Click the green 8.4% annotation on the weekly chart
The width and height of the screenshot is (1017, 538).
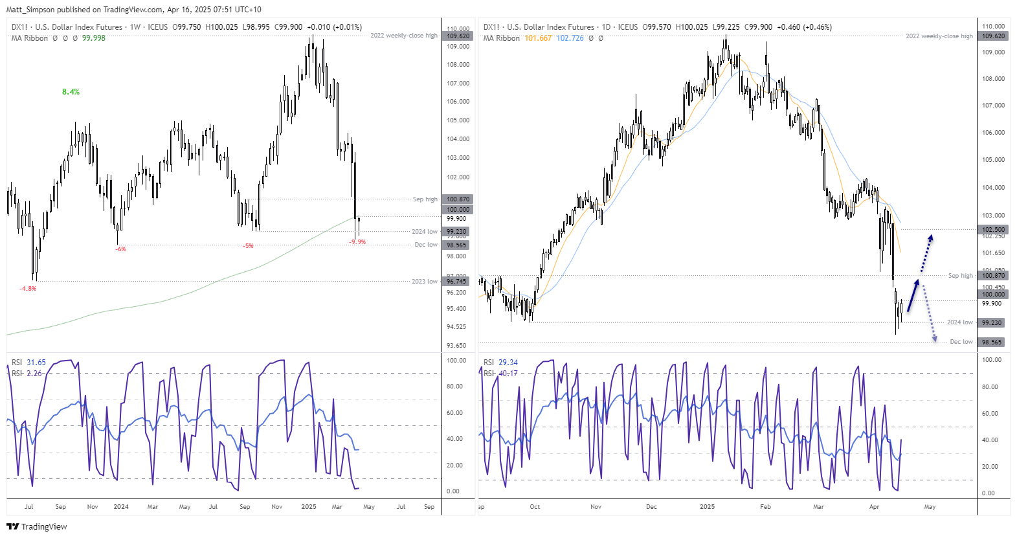tap(71, 92)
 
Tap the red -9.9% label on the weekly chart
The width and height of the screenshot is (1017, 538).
tap(357, 242)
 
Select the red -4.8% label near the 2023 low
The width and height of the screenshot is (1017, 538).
tap(28, 289)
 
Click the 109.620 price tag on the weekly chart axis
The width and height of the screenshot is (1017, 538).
tap(458, 36)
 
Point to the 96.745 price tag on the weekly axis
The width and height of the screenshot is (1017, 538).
tap(457, 282)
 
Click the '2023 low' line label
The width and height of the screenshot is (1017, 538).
tap(424, 282)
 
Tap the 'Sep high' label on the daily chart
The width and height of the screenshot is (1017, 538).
tap(960, 276)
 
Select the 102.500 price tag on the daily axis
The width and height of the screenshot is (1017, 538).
tap(993, 230)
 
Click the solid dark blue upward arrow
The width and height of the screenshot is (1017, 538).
tap(913, 295)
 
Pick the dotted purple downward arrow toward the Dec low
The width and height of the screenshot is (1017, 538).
tap(929, 313)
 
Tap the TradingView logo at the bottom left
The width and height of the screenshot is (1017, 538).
tap(37, 526)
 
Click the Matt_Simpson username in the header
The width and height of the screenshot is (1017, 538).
tap(30, 10)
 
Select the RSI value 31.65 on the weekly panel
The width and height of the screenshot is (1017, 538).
tap(36, 363)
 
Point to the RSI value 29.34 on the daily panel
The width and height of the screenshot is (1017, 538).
tap(508, 363)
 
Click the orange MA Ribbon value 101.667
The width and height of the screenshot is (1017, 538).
tap(538, 38)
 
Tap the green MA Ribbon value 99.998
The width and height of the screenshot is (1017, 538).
tap(93, 38)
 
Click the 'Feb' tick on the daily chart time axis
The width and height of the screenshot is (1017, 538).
tap(765, 507)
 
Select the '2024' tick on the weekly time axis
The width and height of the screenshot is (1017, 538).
tap(121, 507)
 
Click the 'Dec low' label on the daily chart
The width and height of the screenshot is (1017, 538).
tap(961, 342)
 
